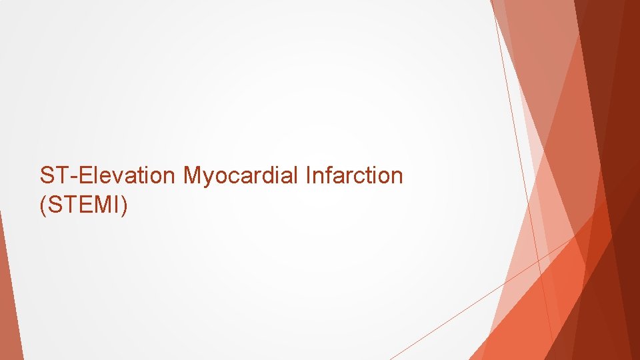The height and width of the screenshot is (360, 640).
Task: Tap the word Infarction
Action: [x=354, y=176]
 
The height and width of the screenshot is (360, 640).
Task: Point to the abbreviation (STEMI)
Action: [x=83, y=206]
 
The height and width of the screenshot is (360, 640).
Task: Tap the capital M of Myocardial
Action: [x=193, y=176]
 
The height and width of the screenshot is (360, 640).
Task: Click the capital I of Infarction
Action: [x=308, y=176]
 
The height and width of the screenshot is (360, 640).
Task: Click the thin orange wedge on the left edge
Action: [x=8, y=293]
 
